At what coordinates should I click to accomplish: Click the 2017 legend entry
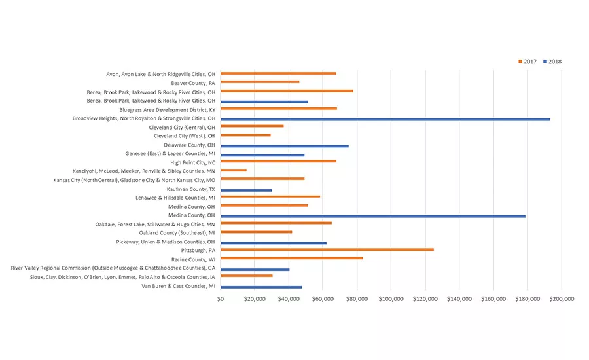pyautogui.click(x=527, y=62)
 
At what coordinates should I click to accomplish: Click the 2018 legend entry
pyautogui.click(x=552, y=62)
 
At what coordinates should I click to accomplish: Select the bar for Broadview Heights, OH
pyautogui.click(x=385, y=119)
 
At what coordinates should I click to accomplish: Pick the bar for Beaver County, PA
pyautogui.click(x=260, y=82)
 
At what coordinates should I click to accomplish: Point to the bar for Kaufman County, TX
pyautogui.click(x=246, y=190)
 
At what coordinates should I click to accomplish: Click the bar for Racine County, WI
pyautogui.click(x=291, y=258)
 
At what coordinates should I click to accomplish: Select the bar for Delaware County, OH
pyautogui.click(x=284, y=146)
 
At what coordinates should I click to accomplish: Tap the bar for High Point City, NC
pyautogui.click(x=278, y=161)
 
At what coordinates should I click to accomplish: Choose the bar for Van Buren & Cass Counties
pyautogui.click(x=261, y=287)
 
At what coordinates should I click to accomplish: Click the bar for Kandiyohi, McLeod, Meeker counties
pyautogui.click(x=234, y=170)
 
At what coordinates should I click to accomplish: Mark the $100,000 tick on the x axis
pyautogui.click(x=391, y=299)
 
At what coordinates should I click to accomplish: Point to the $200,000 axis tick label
pyautogui.click(x=561, y=299)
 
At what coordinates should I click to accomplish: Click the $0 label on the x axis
pyautogui.click(x=221, y=299)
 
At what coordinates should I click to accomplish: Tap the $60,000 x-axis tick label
pyautogui.click(x=323, y=299)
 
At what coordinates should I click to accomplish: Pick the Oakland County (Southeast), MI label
pyautogui.click(x=177, y=232)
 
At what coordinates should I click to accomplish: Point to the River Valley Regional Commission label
pyautogui.click(x=113, y=268)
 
